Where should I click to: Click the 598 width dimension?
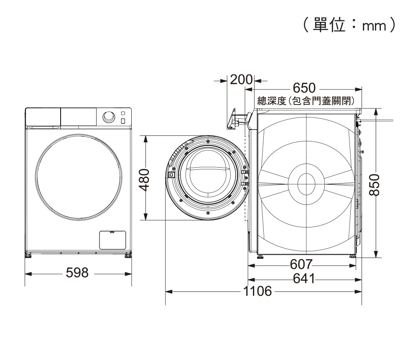click(77, 273)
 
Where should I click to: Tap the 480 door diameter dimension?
click(144, 180)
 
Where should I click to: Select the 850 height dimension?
click(375, 185)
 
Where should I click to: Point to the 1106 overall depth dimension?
click(258, 291)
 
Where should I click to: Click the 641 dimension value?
click(304, 278)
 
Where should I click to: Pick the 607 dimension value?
click(301, 265)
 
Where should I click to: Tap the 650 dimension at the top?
click(304, 88)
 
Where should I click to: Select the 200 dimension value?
click(241, 80)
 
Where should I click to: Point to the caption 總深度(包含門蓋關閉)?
click(306, 101)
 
